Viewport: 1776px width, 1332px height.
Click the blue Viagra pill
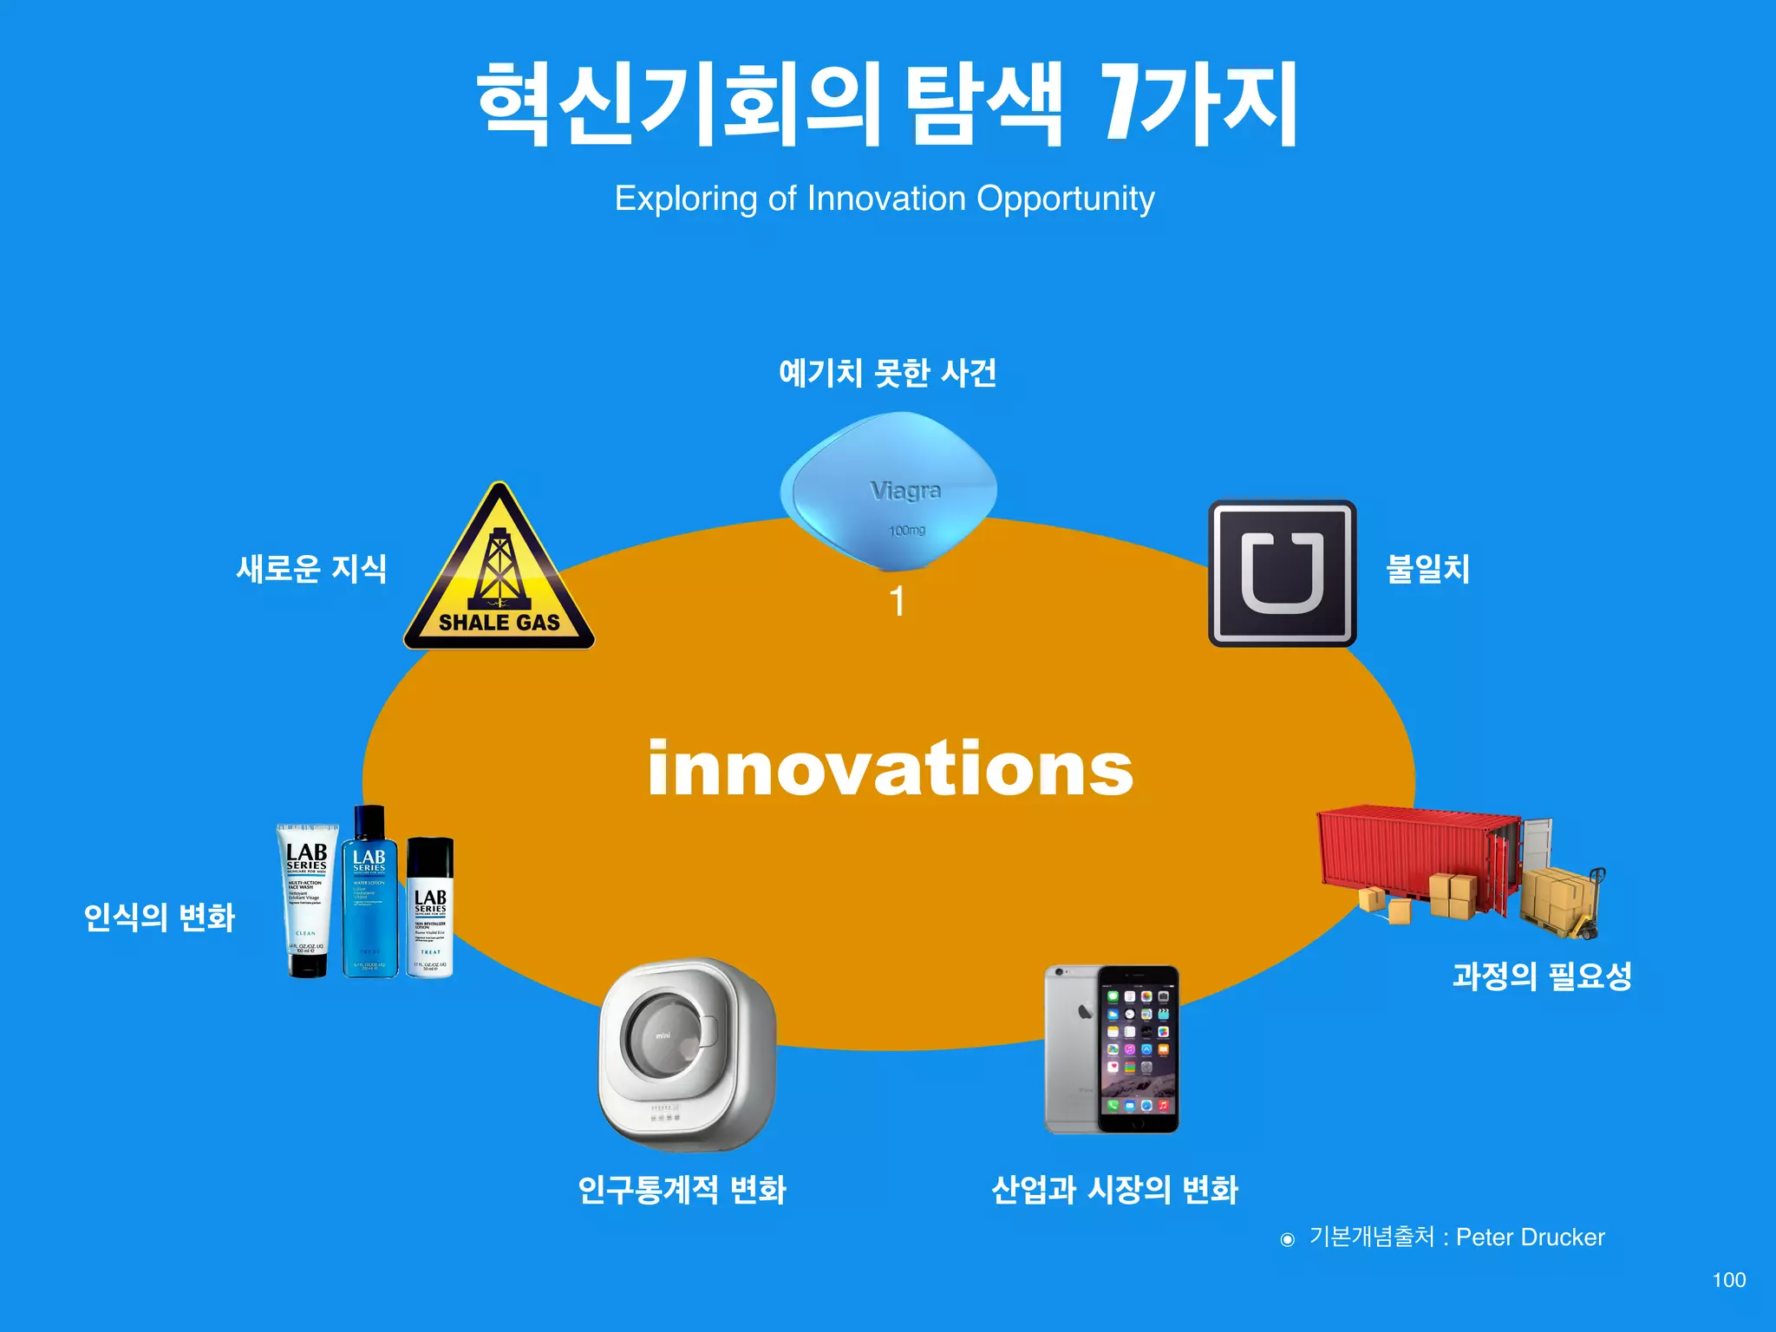[x=889, y=491]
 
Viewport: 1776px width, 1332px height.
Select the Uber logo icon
[x=1282, y=572]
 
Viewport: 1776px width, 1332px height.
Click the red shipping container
[x=1419, y=859]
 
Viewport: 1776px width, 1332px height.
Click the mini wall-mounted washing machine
[x=687, y=1054]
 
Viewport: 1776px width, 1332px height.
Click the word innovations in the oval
[x=890, y=768]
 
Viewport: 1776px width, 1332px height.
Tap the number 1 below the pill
[x=898, y=602]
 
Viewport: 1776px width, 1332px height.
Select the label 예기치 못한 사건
[x=887, y=373]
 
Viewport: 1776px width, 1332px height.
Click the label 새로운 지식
[x=311, y=569]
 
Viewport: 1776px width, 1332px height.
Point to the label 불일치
[x=1427, y=569]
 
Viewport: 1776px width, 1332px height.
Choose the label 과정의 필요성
[x=1542, y=976]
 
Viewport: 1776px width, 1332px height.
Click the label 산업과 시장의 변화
[x=1114, y=1189]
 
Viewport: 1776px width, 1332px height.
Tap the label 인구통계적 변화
[x=682, y=1189]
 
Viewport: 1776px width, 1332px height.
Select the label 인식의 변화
[x=159, y=917]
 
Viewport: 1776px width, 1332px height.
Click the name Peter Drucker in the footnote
[x=1530, y=1237]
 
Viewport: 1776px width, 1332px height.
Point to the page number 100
[x=1728, y=1280]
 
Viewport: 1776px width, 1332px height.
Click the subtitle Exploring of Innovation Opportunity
[x=885, y=199]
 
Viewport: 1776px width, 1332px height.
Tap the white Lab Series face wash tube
[x=307, y=898]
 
